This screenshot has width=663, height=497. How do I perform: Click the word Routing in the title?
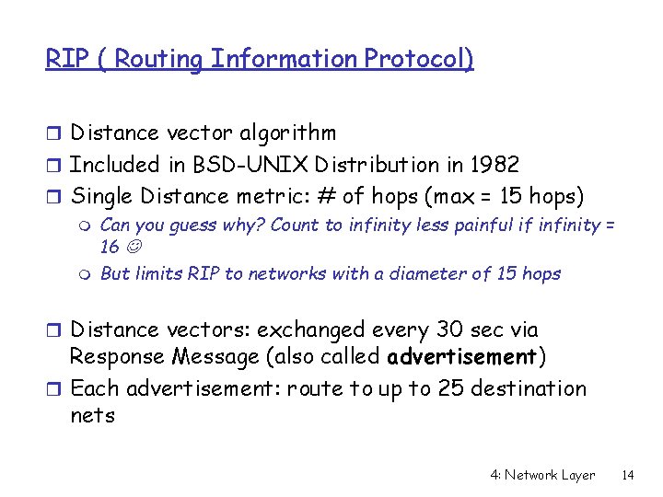(x=161, y=60)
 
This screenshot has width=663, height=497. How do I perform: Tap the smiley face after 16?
(x=133, y=248)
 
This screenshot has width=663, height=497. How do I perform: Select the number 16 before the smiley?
(x=110, y=248)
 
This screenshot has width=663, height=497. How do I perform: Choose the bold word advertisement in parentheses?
(x=462, y=357)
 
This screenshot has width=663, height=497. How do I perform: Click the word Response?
(x=115, y=357)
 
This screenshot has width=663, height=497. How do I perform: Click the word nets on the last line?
(x=92, y=416)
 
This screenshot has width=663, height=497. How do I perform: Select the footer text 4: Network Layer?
(x=542, y=476)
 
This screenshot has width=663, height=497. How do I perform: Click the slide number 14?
(x=628, y=476)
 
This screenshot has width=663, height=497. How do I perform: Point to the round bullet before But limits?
(x=87, y=274)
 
